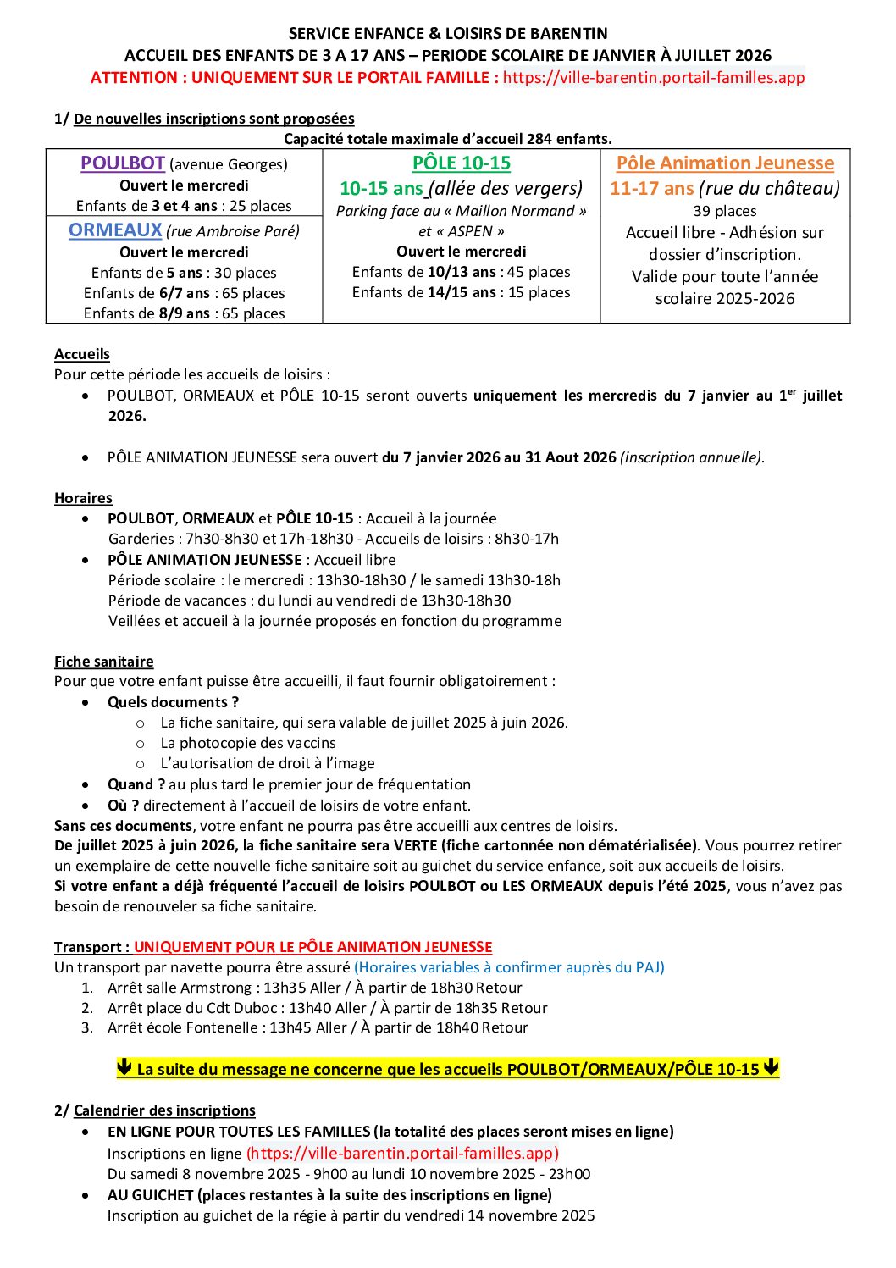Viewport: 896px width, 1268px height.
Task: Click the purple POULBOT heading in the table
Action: pyautogui.click(x=123, y=163)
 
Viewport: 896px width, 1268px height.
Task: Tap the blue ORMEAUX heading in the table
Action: pyautogui.click(x=115, y=230)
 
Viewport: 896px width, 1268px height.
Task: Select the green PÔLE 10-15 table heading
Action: pyautogui.click(x=462, y=163)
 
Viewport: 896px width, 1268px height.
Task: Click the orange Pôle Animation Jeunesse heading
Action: pyautogui.click(x=725, y=163)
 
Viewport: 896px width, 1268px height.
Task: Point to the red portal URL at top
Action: pyautogui.click(x=653, y=78)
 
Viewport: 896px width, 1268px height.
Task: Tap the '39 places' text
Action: pyautogui.click(x=725, y=211)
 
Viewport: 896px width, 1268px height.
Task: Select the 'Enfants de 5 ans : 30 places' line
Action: pyautogui.click(x=184, y=273)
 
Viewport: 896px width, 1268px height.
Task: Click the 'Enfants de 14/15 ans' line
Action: pyautogui.click(x=462, y=292)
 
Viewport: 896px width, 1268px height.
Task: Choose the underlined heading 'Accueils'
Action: pyautogui.click(x=82, y=354)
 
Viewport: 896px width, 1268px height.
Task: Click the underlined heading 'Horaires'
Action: pyautogui.click(x=83, y=498)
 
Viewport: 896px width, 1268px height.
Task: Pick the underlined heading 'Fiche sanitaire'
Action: pyautogui.click(x=104, y=662)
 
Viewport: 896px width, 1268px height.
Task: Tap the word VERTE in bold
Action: pyautogui.click(x=415, y=845)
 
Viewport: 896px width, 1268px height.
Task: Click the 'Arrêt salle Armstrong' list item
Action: pyautogui.click(x=314, y=988)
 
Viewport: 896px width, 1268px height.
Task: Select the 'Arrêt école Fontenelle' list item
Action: pyautogui.click(x=318, y=1027)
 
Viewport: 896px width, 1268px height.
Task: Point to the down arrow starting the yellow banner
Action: pyautogui.click(x=124, y=1068)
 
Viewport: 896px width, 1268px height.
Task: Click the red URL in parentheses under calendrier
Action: pyautogui.click(x=402, y=1153)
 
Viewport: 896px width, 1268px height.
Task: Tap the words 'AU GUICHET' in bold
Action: pyautogui.click(x=151, y=1195)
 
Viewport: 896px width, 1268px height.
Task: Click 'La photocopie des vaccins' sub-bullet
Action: pyautogui.click(x=248, y=743)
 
